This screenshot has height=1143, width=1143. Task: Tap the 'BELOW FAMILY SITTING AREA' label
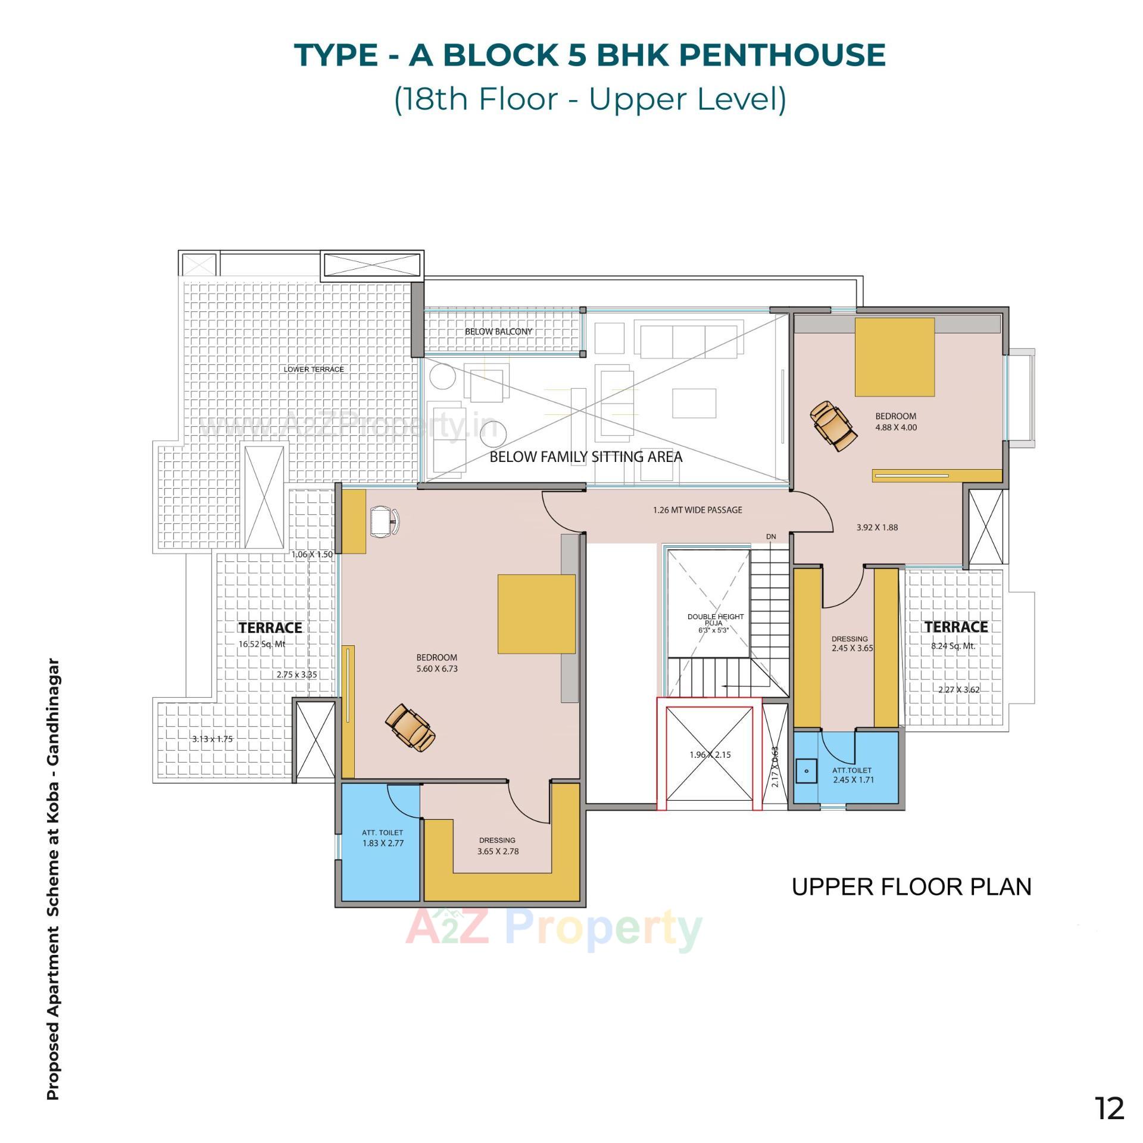[x=586, y=457]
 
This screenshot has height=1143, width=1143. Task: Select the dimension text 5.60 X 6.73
[x=436, y=669]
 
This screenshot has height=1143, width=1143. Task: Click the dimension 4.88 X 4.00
[x=895, y=427]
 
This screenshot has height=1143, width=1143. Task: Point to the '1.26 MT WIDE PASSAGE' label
[x=697, y=510]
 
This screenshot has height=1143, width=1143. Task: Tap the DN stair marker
[x=771, y=536]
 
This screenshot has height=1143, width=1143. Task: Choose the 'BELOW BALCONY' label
[x=498, y=332]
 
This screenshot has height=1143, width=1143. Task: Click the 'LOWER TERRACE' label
[x=314, y=370]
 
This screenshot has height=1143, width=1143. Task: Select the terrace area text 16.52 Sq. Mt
[x=262, y=644]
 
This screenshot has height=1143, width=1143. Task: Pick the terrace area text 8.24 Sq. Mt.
[x=953, y=646]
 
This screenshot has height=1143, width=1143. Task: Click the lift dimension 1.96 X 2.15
[x=710, y=755]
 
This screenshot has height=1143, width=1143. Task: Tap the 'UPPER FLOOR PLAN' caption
[x=911, y=887]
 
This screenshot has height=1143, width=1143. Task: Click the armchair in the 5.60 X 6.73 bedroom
[x=410, y=728]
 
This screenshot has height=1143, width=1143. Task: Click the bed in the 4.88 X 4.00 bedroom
[x=894, y=357]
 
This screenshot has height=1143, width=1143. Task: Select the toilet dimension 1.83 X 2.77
[x=383, y=844]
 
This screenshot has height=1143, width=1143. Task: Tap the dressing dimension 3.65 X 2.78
[x=498, y=851]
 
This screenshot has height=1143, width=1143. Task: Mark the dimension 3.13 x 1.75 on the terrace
[x=212, y=739]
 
